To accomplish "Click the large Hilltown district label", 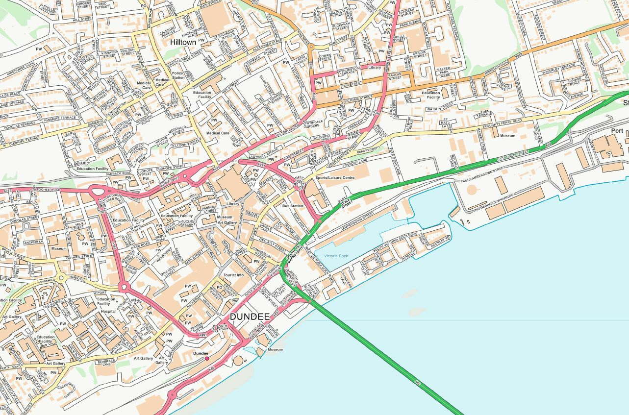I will point(183,43).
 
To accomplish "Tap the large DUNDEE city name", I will point(250,317).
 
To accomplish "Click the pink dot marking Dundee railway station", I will point(207,359).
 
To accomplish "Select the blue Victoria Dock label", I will point(336,256).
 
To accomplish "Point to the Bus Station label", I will point(292,206).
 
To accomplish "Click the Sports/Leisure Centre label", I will point(334,177).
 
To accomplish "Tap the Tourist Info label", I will point(233,275).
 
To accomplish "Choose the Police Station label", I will point(178,75).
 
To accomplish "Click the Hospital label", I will point(108,311).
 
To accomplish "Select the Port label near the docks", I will point(617,131).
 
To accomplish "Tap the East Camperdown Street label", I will point(482,175).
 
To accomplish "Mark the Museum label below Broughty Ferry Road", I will point(507,136).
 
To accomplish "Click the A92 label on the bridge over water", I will point(417,382).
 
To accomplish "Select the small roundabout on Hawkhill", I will point(61,278).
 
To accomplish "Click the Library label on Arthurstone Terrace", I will point(374,67).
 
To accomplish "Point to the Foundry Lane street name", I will point(355,161).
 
